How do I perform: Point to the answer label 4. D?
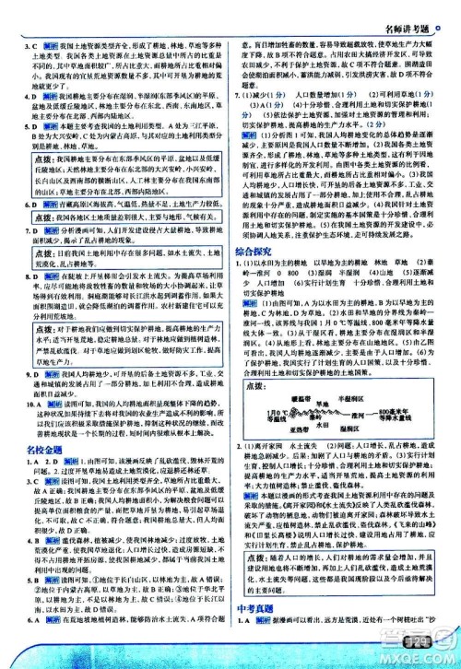tap(27, 93)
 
